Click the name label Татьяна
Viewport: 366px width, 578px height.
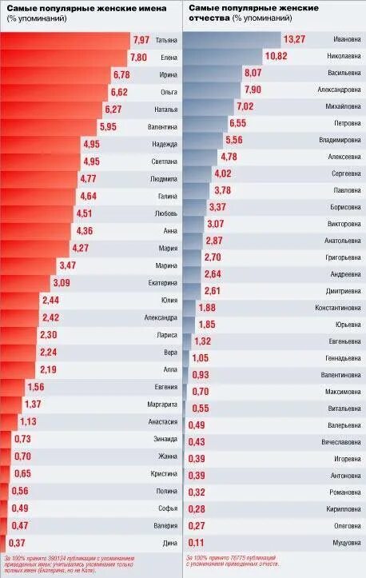tap(165, 40)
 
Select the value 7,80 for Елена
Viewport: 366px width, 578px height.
tap(138, 58)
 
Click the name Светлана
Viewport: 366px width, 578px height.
tap(164, 161)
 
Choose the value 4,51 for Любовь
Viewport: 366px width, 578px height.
tap(84, 213)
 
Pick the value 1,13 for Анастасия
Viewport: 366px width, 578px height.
tap(28, 422)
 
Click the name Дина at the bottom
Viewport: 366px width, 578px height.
tap(169, 544)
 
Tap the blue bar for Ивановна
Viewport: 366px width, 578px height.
tap(232, 39)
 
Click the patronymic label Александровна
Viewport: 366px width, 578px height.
tap(339, 90)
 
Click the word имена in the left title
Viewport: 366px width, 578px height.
tap(149, 7)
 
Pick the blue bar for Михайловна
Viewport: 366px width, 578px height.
tap(208, 106)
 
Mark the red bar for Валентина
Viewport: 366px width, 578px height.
tap(48, 127)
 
